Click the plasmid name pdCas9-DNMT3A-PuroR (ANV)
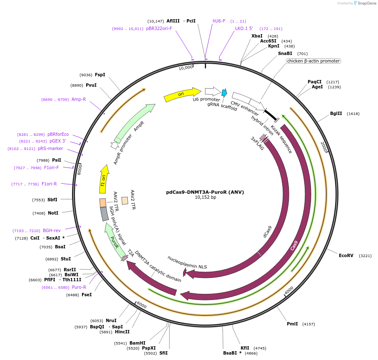click(205, 192)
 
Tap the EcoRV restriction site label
click(346, 255)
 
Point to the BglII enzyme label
click(336, 113)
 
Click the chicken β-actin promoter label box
click(313, 61)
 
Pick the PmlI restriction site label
click(292, 324)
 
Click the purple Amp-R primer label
click(79, 99)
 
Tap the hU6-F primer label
click(219, 21)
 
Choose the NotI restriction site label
click(53, 213)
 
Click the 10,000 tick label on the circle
click(186, 67)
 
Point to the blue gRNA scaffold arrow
click(224, 93)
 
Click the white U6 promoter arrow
click(213, 91)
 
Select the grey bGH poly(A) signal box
click(104, 214)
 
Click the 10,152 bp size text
click(205, 197)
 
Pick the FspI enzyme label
click(100, 75)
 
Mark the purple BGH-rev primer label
click(52, 230)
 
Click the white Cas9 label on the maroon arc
click(294, 245)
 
